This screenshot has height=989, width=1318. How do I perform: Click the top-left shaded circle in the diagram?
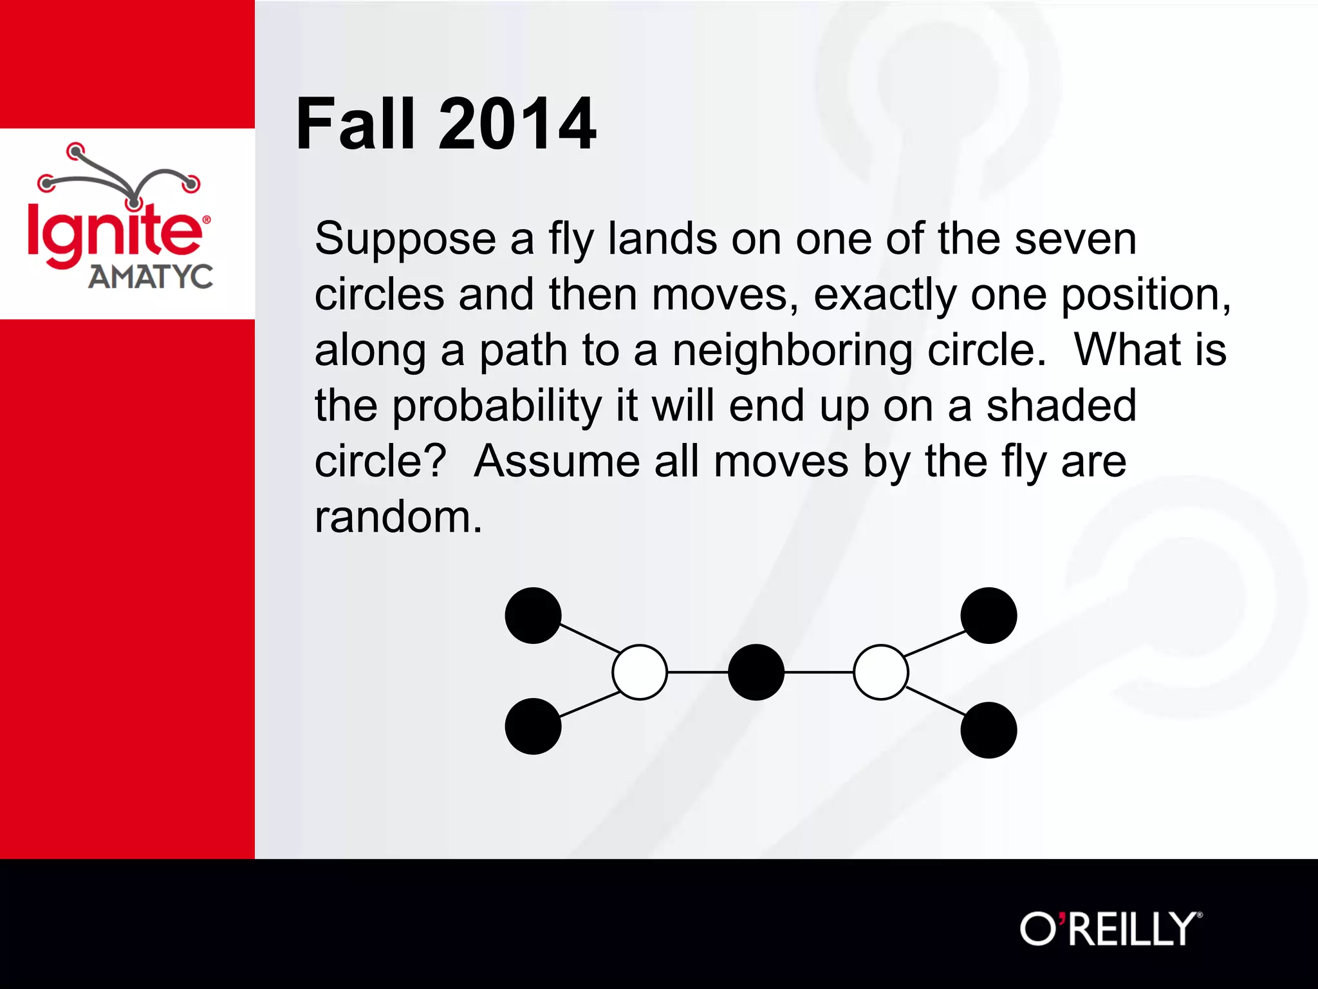[x=533, y=616]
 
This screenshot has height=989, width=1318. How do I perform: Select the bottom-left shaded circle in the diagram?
[x=533, y=726]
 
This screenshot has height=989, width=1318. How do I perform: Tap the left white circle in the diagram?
[x=640, y=672]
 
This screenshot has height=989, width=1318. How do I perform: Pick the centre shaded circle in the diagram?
[x=756, y=672]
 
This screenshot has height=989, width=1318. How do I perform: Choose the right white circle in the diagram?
[x=881, y=672]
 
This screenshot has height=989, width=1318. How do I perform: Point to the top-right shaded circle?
[x=988, y=616]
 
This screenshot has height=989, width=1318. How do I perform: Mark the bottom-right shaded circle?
[x=988, y=730]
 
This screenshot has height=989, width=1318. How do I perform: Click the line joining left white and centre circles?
[x=698, y=672]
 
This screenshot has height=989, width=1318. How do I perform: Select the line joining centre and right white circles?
[x=819, y=672]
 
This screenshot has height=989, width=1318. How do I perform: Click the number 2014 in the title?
[x=517, y=124]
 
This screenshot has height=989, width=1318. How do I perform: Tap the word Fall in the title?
[x=355, y=124]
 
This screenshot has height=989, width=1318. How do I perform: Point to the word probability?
[x=497, y=407]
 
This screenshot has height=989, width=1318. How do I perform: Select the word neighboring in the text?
[x=792, y=352]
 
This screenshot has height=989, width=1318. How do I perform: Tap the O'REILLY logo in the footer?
[x=1111, y=929]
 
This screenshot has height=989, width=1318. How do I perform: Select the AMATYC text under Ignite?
[x=151, y=277]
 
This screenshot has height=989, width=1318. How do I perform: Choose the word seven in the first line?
[x=1075, y=240]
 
